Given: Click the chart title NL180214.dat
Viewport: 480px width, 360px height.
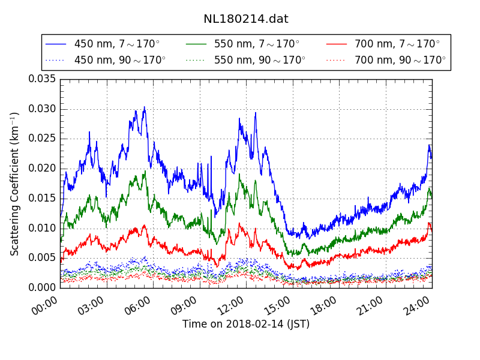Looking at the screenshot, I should [x=245, y=19].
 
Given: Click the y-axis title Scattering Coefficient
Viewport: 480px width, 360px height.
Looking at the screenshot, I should [x=15, y=183].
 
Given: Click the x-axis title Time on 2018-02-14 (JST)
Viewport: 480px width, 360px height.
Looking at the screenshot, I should [x=246, y=324].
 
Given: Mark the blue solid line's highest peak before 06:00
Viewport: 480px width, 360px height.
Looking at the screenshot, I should [x=144, y=107].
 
